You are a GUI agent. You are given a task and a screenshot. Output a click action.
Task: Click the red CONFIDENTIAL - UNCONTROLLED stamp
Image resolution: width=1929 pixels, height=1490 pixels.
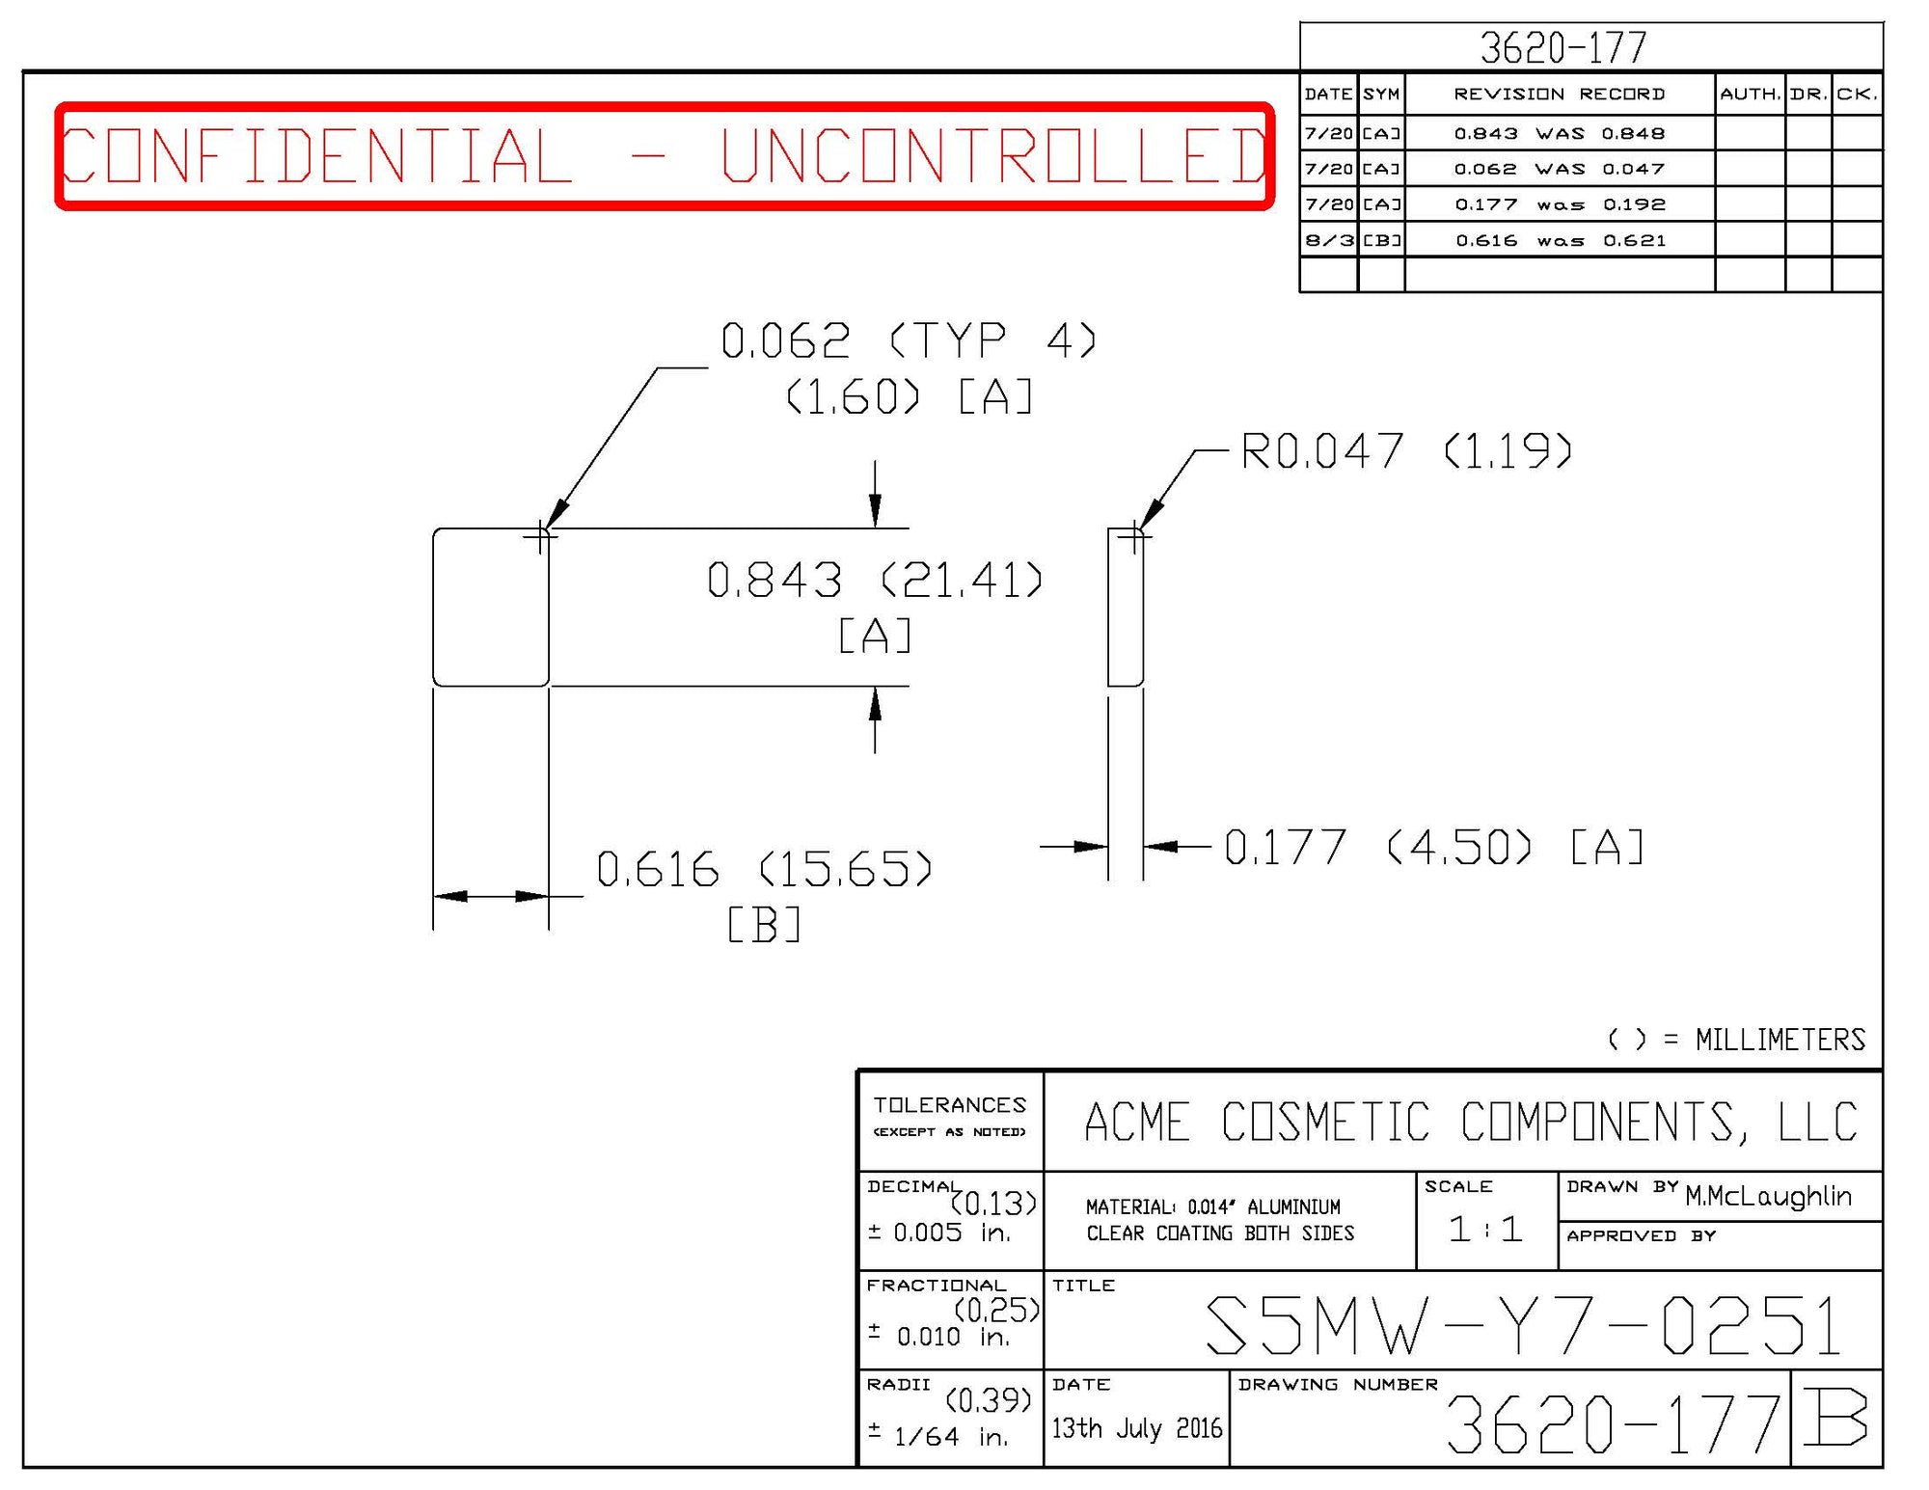(x=665, y=155)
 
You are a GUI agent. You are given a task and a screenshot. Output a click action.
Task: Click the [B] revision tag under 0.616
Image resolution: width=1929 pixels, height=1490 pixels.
(x=764, y=926)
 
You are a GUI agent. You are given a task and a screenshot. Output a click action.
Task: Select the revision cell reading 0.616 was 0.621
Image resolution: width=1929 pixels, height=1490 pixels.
(x=1560, y=240)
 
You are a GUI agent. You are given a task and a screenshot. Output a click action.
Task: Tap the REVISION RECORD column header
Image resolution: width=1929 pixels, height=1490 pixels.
(x=1559, y=94)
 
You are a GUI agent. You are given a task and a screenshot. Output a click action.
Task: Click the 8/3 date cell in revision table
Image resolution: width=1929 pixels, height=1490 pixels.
(x=1329, y=240)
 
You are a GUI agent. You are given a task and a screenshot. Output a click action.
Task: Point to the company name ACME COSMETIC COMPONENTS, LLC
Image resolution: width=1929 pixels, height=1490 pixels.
(x=1471, y=1122)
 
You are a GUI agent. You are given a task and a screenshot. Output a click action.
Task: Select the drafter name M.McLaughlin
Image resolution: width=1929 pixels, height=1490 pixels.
(x=1768, y=1197)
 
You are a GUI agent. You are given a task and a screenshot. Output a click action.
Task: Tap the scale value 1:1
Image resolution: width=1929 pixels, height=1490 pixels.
(x=1485, y=1229)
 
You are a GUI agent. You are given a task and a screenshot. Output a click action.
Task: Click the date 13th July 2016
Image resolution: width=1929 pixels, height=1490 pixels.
(x=1136, y=1428)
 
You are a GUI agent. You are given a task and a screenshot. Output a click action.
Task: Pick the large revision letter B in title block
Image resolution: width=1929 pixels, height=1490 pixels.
(x=1835, y=1418)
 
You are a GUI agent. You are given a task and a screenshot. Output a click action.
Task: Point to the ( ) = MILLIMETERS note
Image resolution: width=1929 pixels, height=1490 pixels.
(x=1736, y=1040)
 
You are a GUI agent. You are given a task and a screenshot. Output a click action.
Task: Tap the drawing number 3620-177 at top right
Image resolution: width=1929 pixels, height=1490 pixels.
(x=1562, y=47)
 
